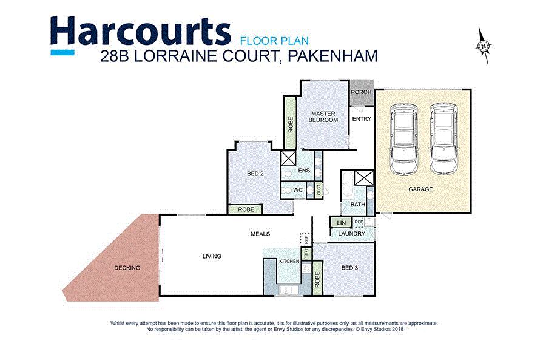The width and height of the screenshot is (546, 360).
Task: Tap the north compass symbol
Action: (x=483, y=46)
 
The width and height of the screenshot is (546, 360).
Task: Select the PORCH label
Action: (x=362, y=92)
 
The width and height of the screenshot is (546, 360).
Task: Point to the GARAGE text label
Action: (x=420, y=189)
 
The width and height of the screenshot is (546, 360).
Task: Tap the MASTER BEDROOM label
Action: (x=323, y=117)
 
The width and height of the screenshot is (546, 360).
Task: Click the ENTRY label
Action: (x=362, y=119)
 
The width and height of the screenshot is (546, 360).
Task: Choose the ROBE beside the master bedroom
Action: (x=291, y=124)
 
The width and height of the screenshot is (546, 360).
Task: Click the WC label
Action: (x=298, y=191)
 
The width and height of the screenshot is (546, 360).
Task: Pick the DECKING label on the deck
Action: (x=127, y=268)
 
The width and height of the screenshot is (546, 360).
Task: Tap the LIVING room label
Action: (x=212, y=256)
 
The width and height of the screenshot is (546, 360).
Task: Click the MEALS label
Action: (x=260, y=234)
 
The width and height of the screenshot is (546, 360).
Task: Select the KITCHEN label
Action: (x=289, y=261)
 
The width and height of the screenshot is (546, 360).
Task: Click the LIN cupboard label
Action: (x=340, y=223)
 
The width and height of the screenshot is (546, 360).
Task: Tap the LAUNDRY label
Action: (x=352, y=234)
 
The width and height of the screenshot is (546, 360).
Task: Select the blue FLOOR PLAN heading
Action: (x=275, y=41)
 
